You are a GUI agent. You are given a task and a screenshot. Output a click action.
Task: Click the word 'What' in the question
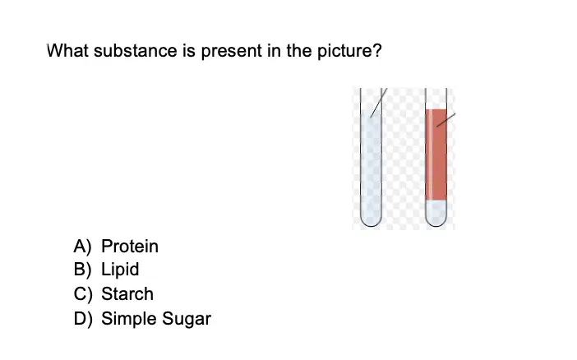coord(67,50)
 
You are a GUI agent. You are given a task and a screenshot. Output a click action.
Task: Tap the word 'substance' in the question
coord(135,50)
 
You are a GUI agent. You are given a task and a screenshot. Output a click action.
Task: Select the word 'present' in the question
coord(232,52)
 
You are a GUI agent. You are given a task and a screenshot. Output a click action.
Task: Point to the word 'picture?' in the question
coord(349,52)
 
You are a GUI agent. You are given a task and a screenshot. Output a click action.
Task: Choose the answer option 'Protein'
coord(130,247)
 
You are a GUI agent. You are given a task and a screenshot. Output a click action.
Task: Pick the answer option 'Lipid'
coord(120,270)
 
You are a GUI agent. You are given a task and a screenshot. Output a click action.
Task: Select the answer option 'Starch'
coord(127,293)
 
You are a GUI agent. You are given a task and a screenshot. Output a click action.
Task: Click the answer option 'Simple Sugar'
coord(156,319)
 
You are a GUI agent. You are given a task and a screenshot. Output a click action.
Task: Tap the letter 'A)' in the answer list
coord(82,247)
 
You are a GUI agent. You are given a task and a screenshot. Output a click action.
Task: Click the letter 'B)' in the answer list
coord(82,270)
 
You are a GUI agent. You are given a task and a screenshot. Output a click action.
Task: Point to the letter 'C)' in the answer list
coord(82,294)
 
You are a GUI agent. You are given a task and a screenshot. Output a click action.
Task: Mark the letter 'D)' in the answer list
coord(82,319)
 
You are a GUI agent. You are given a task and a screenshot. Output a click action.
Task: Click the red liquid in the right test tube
coord(436,155)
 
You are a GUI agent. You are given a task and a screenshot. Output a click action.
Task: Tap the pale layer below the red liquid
coord(436,212)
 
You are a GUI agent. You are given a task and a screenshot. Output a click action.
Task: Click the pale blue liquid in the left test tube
coord(371,166)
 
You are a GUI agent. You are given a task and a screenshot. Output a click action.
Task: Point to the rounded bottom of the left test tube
coord(371,222)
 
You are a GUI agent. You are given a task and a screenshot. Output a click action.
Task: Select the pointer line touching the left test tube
coord(379,103)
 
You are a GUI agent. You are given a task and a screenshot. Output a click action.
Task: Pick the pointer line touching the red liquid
coord(446,120)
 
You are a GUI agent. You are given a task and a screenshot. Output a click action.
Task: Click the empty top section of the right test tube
coord(436,99)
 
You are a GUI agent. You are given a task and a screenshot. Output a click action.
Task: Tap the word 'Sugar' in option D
coord(187,319)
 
